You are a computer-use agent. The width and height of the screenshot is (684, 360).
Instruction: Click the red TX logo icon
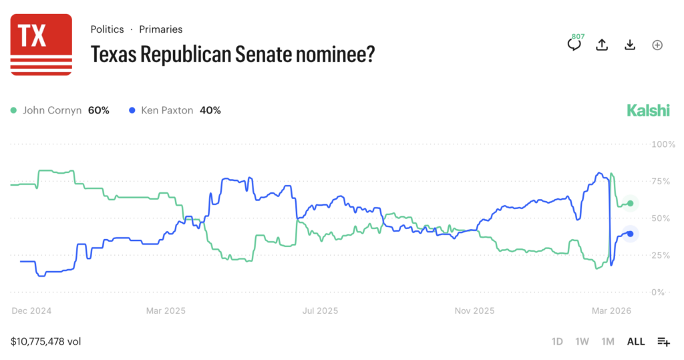point(41,44)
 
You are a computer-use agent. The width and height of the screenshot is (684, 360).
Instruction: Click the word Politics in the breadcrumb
point(107,29)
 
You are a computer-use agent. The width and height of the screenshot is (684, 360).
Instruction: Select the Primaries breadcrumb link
point(160,29)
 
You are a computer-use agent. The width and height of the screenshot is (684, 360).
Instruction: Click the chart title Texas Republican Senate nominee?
point(232,54)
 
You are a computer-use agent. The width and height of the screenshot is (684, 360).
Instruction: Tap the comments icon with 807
point(574,45)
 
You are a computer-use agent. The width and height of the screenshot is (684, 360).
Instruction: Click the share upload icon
point(602,45)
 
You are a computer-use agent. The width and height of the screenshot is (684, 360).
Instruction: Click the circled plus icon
point(657,45)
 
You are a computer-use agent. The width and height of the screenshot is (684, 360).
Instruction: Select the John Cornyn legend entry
point(60,110)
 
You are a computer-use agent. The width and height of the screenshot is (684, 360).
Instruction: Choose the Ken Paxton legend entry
point(175,110)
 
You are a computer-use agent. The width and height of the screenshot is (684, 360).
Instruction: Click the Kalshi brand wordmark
point(648,111)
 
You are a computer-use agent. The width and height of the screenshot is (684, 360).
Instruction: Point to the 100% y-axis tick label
point(663,144)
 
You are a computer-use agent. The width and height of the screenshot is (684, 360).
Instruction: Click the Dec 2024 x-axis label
point(31,311)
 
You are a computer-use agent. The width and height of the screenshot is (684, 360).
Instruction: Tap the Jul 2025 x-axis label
point(320,311)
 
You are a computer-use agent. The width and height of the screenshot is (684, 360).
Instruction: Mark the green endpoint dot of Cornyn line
point(630,203)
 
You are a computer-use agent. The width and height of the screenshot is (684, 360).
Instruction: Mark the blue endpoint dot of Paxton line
point(630,234)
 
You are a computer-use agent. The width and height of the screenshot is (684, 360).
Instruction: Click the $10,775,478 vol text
point(46,341)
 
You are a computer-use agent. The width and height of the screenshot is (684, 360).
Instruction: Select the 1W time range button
point(582,341)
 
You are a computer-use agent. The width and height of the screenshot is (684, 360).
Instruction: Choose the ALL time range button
point(635,341)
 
